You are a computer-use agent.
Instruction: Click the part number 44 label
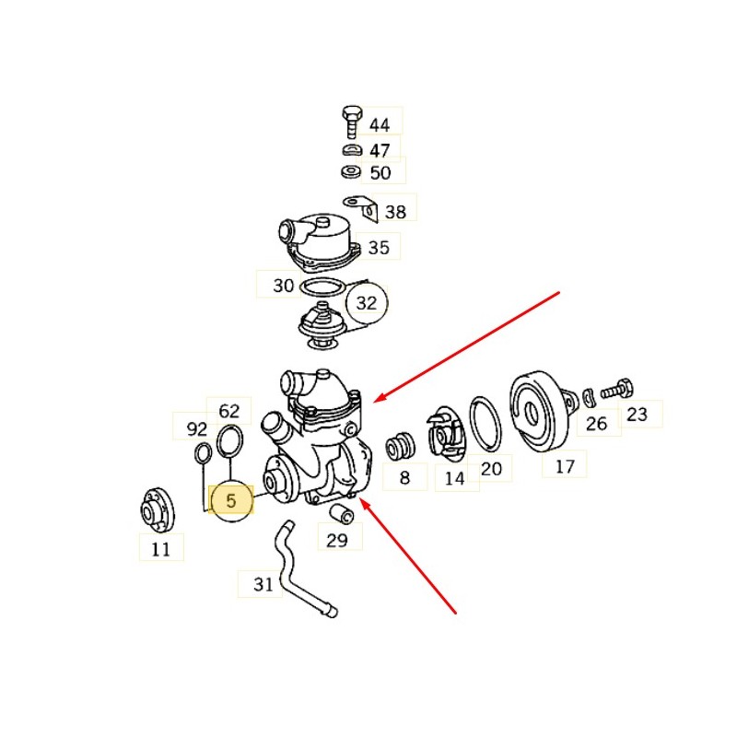(x=380, y=125)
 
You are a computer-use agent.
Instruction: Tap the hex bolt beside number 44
(x=351, y=123)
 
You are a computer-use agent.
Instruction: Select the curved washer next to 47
(x=351, y=150)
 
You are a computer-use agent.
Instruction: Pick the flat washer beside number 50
(x=351, y=171)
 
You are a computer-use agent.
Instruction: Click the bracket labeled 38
(x=363, y=208)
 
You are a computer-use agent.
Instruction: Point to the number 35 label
(x=379, y=247)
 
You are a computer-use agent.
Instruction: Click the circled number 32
(x=367, y=303)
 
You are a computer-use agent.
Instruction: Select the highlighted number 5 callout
(x=231, y=500)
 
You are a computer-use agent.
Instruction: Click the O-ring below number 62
(x=229, y=441)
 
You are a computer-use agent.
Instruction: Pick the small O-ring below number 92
(x=203, y=453)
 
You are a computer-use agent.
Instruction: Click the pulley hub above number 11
(x=157, y=510)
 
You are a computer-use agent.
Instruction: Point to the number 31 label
(x=263, y=584)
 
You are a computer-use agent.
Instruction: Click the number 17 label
(x=565, y=467)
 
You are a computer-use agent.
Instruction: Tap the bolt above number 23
(x=617, y=390)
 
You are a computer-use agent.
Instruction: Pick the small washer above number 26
(x=589, y=398)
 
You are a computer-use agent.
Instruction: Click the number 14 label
(x=454, y=478)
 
